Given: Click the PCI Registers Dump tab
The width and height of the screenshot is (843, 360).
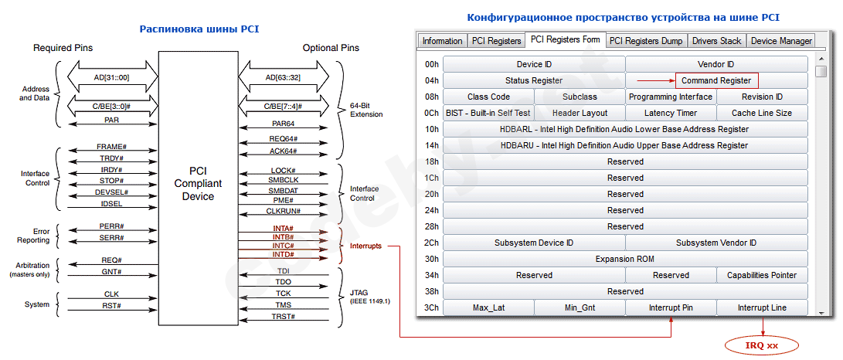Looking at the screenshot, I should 645,40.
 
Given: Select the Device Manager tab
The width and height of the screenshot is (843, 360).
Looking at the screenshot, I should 781,40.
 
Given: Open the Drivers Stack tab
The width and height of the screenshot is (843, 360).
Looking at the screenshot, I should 716,40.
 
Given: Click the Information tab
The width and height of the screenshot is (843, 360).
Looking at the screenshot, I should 442,40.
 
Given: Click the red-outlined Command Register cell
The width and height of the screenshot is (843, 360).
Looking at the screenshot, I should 716,80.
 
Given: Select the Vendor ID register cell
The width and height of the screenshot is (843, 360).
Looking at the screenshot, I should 716,64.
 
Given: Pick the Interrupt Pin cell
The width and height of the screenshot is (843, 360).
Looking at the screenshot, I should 671,307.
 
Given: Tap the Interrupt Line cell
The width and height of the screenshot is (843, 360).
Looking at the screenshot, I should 762,307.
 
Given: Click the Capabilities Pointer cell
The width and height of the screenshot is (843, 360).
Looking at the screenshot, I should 762,275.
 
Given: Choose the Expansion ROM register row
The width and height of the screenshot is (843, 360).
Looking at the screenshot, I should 625,259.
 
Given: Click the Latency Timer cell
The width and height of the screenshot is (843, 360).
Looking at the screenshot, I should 671,113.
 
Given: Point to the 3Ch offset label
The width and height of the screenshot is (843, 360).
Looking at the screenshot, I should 431,307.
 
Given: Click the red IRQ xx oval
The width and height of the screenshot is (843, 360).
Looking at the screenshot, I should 762,345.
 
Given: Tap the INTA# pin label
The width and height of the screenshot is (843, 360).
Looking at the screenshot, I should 283,228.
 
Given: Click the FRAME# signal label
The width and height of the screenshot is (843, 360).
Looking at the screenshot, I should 111,147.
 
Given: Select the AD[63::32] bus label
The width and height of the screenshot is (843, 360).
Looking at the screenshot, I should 284,77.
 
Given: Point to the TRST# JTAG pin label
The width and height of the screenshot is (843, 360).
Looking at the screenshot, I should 283,317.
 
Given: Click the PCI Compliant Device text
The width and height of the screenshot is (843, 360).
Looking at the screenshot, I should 198,183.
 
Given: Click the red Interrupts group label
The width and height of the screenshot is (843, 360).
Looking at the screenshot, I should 365,246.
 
